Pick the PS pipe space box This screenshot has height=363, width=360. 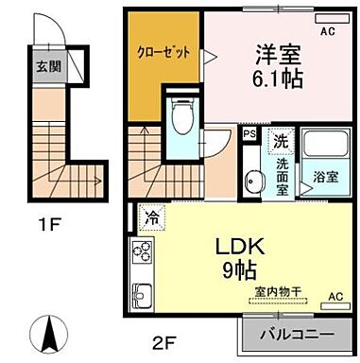pyautogui.click(x=249, y=135)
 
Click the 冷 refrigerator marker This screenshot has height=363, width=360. pyautogui.click(x=151, y=217)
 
